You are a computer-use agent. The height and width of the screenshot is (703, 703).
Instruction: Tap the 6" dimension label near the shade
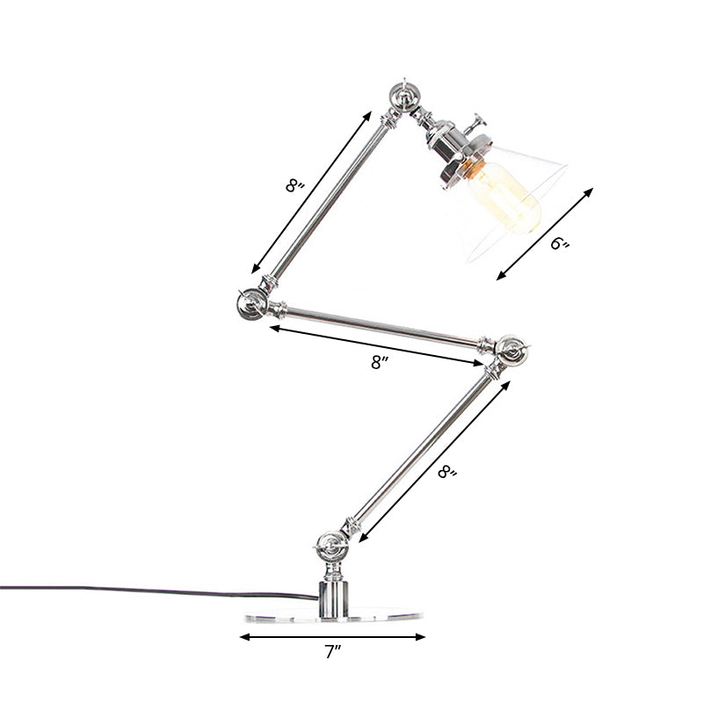tap(560, 243)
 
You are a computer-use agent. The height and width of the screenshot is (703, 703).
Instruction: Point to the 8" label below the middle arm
tap(379, 362)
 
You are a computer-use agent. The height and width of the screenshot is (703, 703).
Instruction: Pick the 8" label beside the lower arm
tap(447, 474)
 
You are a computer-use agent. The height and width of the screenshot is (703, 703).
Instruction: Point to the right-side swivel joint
tap(510, 349)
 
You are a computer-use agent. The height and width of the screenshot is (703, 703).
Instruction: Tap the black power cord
tap(132, 590)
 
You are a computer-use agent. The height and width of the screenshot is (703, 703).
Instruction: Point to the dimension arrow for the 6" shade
tap(545, 234)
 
